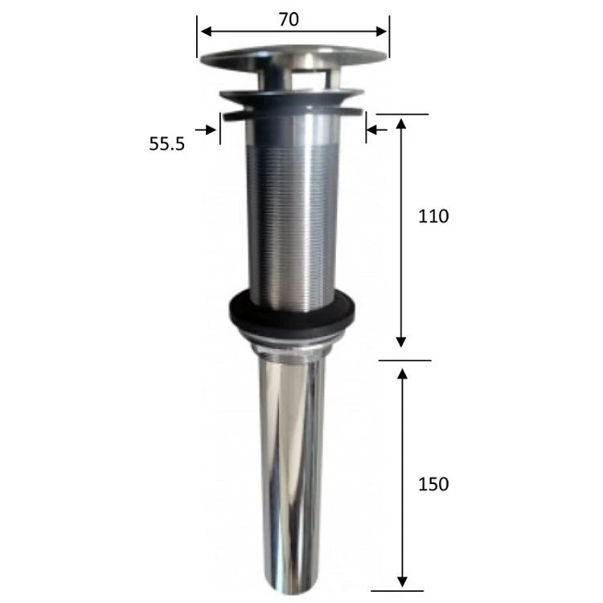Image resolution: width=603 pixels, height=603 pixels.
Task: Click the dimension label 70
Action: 289,19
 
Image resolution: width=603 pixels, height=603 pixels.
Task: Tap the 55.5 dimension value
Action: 167,144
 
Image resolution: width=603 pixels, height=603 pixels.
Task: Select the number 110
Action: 433,216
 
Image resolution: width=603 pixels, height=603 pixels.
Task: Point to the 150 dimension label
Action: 433,484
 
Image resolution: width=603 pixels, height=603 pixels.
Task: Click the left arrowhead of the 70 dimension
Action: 206,31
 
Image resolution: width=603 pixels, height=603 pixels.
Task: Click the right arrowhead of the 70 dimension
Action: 381,31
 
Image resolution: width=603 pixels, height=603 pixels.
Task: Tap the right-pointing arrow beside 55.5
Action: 206,130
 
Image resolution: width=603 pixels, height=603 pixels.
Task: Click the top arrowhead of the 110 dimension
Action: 401,124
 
